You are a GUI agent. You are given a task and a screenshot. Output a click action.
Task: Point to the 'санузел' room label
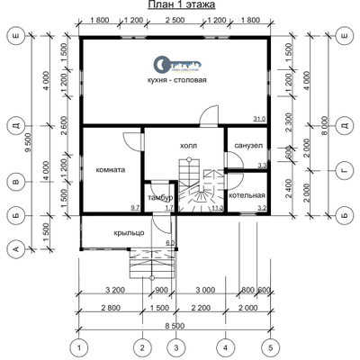pyautogui.click(x=247, y=144)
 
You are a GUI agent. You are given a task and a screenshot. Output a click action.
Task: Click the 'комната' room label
pyautogui.click(x=110, y=168)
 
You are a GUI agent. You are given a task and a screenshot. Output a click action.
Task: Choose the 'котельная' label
pyautogui.click(x=247, y=194)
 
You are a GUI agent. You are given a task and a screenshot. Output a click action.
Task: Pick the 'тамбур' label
pyautogui.click(x=159, y=196)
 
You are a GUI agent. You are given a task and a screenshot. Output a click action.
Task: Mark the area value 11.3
pyautogui.click(x=217, y=208)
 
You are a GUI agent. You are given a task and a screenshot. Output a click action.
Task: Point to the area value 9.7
pyautogui.click(x=136, y=208)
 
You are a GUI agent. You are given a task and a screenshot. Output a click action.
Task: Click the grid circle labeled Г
pyautogui.click(x=345, y=168)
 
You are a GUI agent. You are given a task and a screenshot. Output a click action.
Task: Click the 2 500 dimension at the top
pyautogui.click(x=175, y=19)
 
